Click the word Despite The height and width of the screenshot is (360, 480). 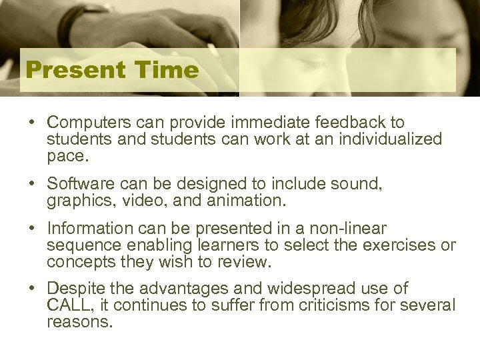[x=71, y=289]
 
